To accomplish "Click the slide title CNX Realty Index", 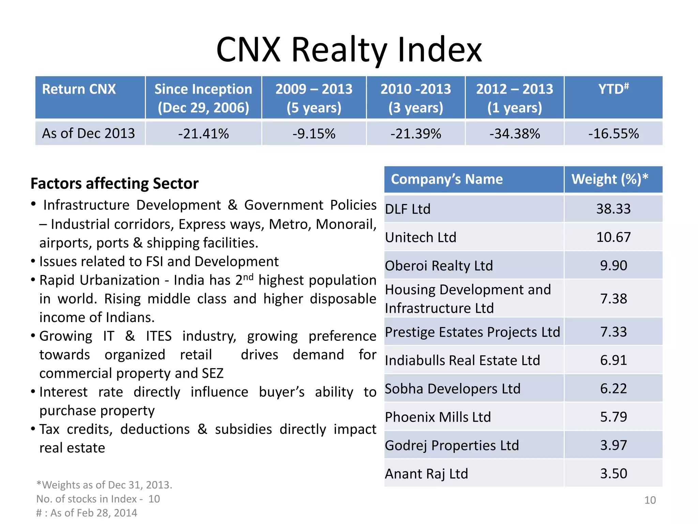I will (349, 50).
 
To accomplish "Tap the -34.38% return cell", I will (515, 134).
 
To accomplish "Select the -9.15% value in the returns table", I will (314, 134).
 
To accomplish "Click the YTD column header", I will (613, 89).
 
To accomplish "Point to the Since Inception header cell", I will (203, 98).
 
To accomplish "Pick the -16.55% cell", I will (613, 134).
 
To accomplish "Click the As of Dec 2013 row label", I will (89, 133).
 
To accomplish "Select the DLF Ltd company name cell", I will (408, 209).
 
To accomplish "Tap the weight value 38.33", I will (613, 209).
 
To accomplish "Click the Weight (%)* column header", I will (610, 179).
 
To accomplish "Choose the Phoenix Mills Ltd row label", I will (438, 417).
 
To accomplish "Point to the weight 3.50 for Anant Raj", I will (613, 474).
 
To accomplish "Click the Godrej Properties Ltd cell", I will (452, 446).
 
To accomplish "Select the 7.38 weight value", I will (613, 299).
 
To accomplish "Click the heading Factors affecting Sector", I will (115, 184).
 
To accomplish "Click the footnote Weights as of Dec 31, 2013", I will (104, 485).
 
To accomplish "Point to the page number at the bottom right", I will (650, 500).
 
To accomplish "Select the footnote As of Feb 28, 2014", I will (87, 513).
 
